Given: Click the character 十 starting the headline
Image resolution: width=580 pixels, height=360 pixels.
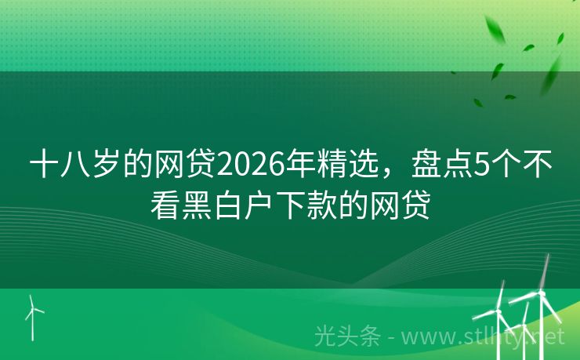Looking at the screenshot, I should [x=44, y=166].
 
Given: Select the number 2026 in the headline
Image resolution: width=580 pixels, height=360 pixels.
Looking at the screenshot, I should [x=249, y=166].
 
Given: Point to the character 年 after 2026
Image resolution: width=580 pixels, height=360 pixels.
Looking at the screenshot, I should [x=301, y=166].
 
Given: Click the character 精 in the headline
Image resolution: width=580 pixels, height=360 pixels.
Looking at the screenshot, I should [x=332, y=166].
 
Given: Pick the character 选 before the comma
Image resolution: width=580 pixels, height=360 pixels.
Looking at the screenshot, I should [x=363, y=166].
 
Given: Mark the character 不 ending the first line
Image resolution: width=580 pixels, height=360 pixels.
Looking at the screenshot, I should [x=535, y=166].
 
